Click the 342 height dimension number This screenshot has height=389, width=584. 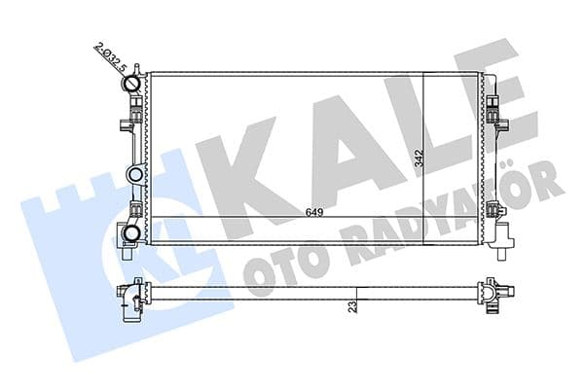(419, 158)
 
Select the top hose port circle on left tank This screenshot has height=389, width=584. (133, 84)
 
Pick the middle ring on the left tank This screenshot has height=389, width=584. (134, 175)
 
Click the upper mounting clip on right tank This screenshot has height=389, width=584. (496, 120)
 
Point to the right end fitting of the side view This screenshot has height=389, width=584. (490, 292)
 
